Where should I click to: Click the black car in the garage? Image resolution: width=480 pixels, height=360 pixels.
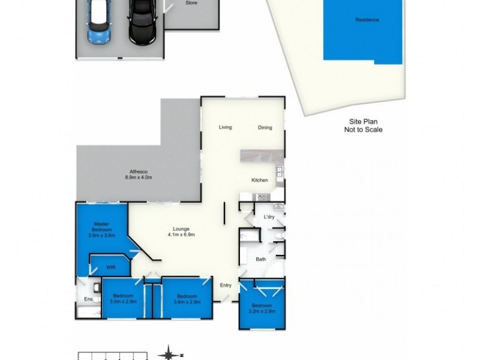click(x=142, y=23)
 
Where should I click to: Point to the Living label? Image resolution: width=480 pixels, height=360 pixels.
click(x=225, y=127)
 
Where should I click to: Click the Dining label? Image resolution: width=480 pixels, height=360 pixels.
click(x=265, y=127)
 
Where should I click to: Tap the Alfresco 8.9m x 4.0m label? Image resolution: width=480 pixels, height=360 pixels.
click(x=139, y=175)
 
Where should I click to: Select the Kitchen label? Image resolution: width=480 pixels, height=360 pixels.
click(x=259, y=180)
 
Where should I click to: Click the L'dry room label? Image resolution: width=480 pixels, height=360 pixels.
click(x=269, y=217)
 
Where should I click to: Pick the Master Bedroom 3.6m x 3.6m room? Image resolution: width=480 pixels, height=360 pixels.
click(x=100, y=230)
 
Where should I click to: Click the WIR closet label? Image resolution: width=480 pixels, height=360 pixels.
click(x=110, y=267)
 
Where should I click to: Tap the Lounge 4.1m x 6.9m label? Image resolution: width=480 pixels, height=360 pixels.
click(x=181, y=232)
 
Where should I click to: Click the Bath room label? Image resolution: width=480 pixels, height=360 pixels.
click(x=260, y=260)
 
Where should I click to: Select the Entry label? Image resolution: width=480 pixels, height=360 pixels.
click(x=226, y=286)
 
